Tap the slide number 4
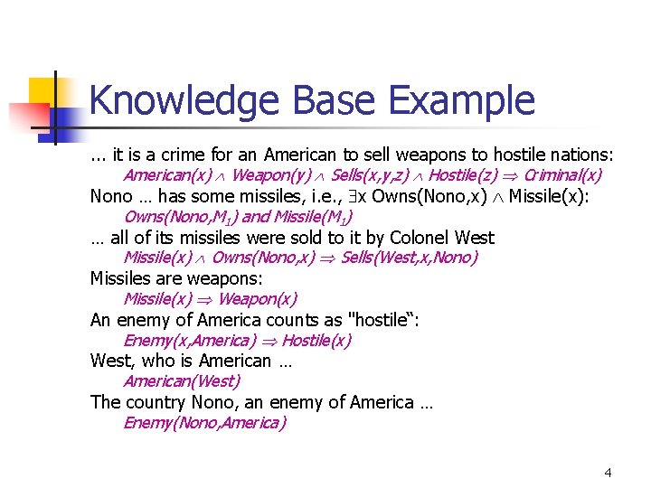(x=608, y=473)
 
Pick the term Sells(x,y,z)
(x=371, y=174)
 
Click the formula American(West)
(x=182, y=381)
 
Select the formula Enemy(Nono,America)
(x=204, y=423)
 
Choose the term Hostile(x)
(x=316, y=340)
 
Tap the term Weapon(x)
(x=257, y=298)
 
